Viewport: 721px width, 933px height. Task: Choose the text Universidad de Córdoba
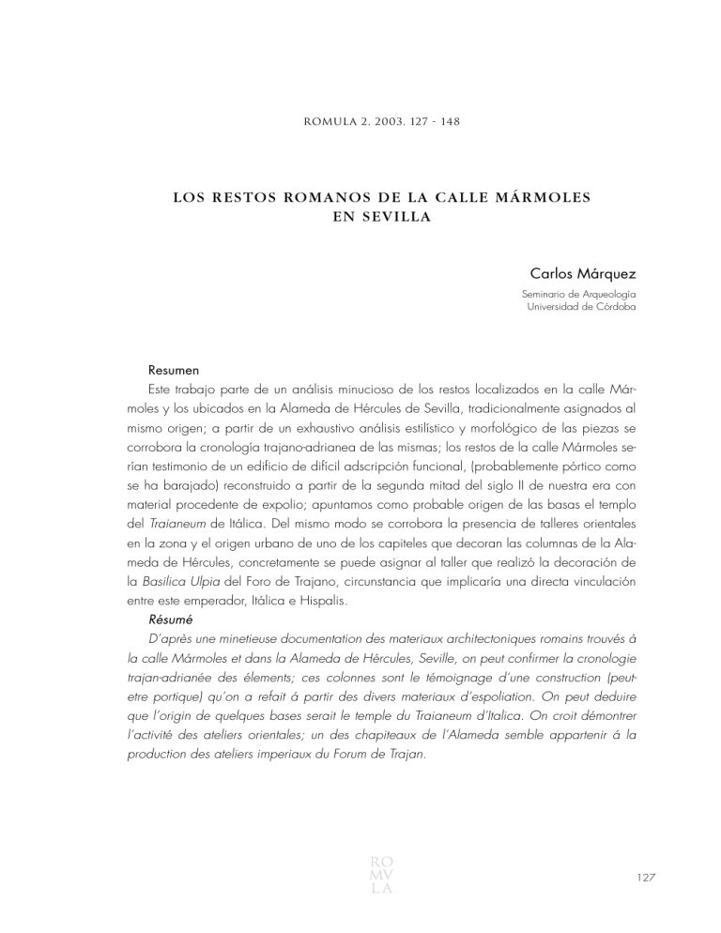pyautogui.click(x=573, y=307)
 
